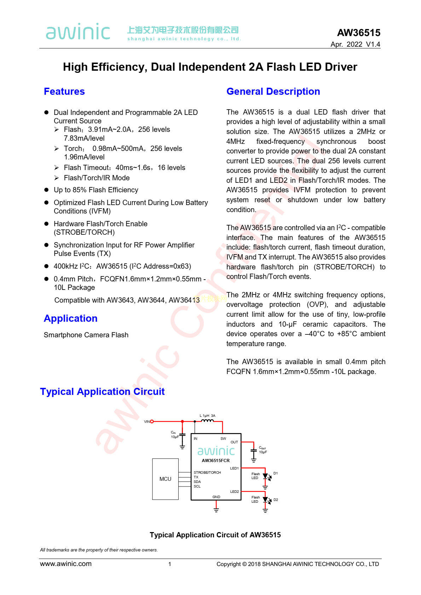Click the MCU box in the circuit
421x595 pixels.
coord(165,479)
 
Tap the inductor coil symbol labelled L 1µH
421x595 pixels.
coord(207,421)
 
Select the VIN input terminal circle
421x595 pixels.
coord(152,421)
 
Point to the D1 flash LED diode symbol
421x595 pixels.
coord(265,477)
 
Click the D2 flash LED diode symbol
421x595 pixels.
coord(265,500)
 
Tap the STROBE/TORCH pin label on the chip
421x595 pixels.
coord(207,472)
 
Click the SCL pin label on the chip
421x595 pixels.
coord(197,486)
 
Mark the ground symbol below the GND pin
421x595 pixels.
coord(216,509)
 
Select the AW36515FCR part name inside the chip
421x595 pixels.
coord(216,461)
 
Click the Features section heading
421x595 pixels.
coord(64,92)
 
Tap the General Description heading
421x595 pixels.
coord(273,92)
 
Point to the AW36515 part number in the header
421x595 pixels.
coord(359,33)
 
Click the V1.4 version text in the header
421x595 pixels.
coord(373,44)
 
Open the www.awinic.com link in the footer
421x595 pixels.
coord(66,564)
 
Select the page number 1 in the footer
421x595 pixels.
coord(170,564)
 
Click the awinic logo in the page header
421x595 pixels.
coord(78,31)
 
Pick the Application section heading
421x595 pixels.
coord(71,319)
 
